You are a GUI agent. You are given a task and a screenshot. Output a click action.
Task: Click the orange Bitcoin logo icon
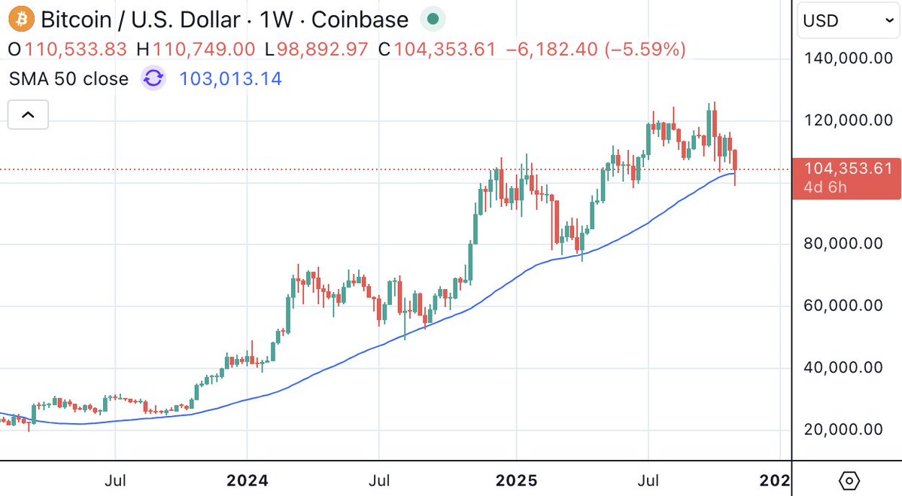coord(20,19)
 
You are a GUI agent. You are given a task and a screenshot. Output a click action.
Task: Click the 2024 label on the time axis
coord(248,479)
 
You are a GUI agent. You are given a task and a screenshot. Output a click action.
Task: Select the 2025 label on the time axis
coord(517,479)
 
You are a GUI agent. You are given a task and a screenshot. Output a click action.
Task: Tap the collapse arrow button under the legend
coord(28,115)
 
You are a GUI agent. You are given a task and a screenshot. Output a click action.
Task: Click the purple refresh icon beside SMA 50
coord(153,78)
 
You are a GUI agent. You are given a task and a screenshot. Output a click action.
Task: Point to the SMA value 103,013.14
coord(231,78)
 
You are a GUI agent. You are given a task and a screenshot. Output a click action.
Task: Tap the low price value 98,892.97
coord(323,50)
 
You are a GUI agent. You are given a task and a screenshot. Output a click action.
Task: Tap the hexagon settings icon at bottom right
coord(848,479)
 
